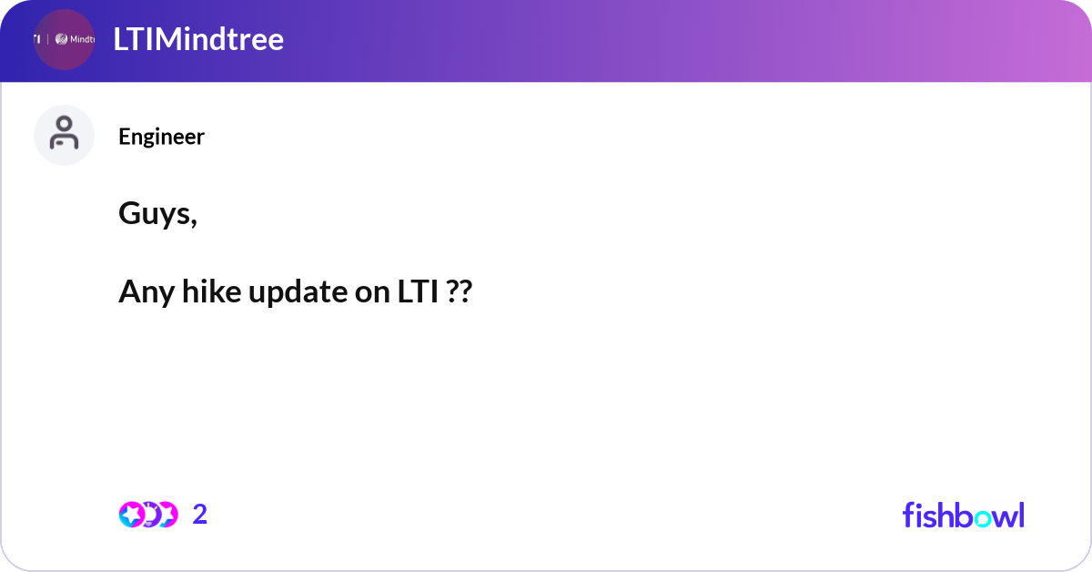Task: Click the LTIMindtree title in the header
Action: [x=198, y=39]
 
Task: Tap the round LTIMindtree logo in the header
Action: [x=64, y=39]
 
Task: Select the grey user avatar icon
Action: [x=64, y=135]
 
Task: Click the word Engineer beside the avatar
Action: [x=161, y=137]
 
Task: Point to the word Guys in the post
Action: [x=154, y=215]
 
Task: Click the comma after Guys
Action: [x=194, y=222]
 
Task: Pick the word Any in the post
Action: [x=142, y=293]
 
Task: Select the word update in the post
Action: [x=296, y=293]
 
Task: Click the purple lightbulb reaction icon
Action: [x=148, y=515]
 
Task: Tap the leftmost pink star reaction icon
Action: [x=131, y=515]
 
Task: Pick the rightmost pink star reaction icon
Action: [x=167, y=515]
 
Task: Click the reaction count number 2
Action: [x=200, y=515]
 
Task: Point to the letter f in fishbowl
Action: [x=908, y=515]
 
